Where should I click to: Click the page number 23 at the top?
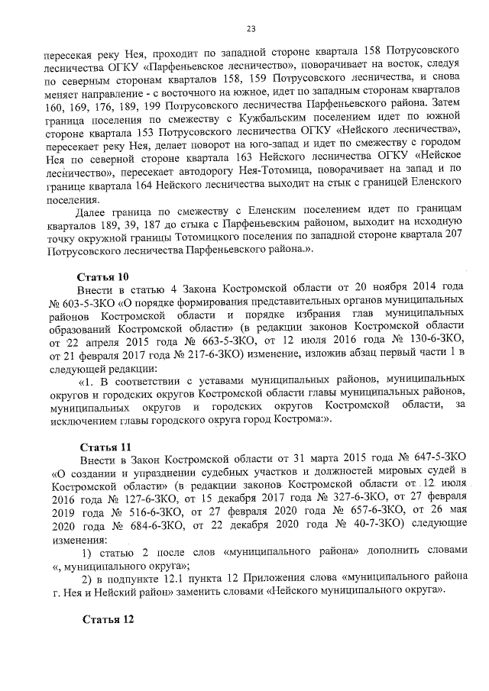251,29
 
